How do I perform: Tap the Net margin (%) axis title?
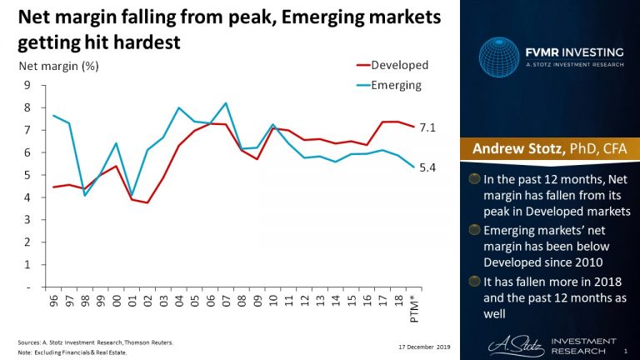[52, 65]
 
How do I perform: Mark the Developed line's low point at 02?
[147, 202]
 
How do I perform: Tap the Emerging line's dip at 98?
[85, 195]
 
